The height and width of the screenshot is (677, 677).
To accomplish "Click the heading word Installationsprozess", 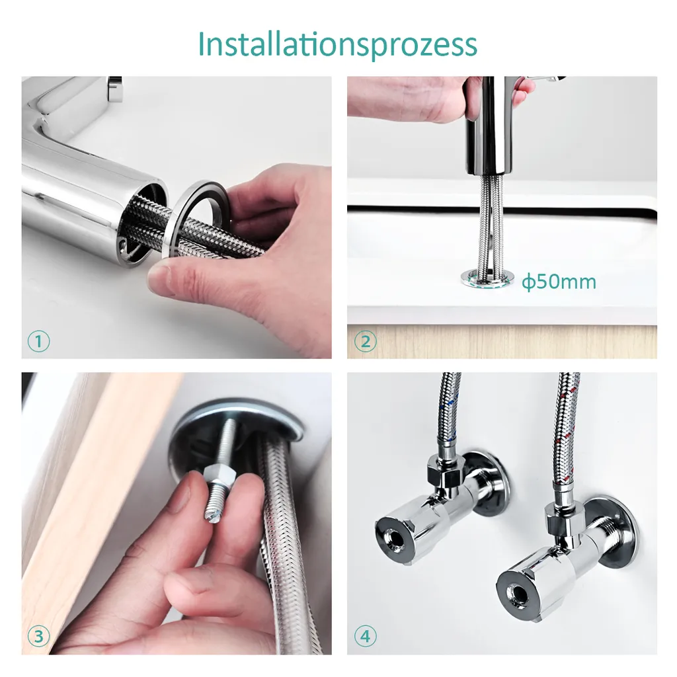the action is coord(338,44).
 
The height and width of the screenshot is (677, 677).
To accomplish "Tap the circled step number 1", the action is coord(39,342).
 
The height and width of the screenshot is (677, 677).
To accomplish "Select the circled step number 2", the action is coord(365,342).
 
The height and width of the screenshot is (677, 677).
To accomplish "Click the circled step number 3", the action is coord(39,637).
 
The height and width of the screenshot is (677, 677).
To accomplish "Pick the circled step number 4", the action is coord(365,637).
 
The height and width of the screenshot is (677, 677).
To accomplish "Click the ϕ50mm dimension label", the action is coord(559,282).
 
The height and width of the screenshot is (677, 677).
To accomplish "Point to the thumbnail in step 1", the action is coord(161,280).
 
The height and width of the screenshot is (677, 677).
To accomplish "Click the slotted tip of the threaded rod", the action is coord(213,517).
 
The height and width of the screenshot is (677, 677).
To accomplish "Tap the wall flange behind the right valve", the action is coord(618,534).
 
